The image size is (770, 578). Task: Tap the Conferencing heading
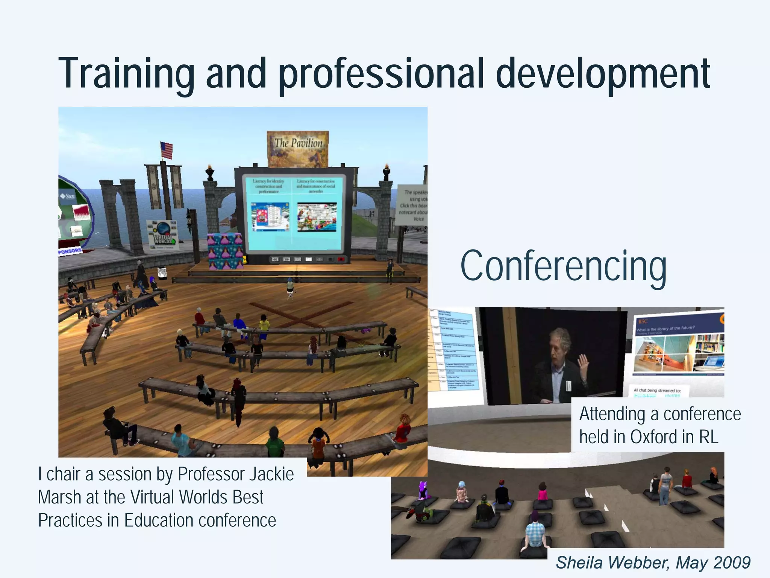(563, 266)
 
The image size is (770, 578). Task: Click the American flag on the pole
(167, 150)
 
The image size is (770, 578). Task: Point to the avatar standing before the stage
(290, 288)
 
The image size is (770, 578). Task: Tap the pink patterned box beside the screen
(225, 251)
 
